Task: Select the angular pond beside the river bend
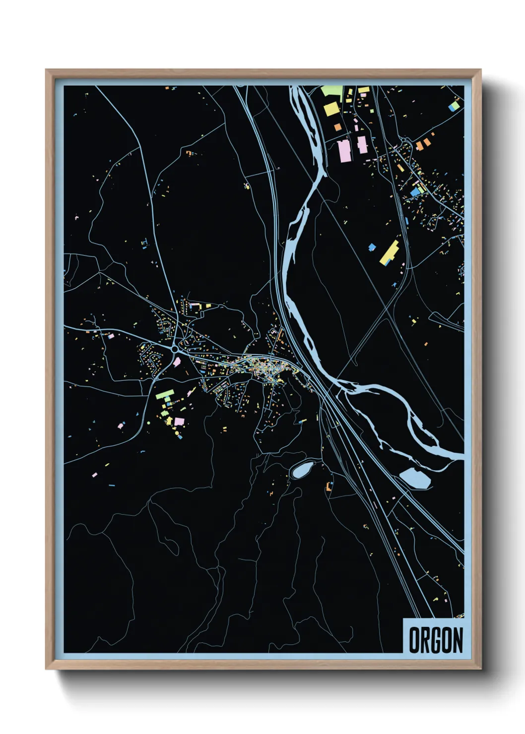click(415, 478)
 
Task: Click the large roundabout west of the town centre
click(176, 349)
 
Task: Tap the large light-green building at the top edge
click(331, 91)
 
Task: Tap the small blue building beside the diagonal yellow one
click(372, 247)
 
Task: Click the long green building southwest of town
click(164, 395)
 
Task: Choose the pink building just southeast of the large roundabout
click(177, 362)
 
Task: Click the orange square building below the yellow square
click(338, 127)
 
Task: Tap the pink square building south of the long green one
click(179, 421)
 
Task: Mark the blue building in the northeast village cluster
click(415, 191)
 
